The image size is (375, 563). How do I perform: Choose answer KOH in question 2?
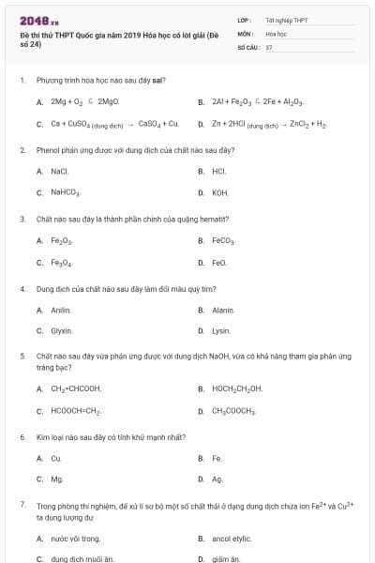tap(220, 192)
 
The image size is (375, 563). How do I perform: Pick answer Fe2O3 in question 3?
tap(62, 241)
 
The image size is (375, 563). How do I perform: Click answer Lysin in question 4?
tap(221, 331)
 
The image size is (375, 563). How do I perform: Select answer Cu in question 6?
tap(57, 458)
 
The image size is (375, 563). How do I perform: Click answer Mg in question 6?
tap(57, 479)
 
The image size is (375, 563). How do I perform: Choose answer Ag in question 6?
tap(217, 479)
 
